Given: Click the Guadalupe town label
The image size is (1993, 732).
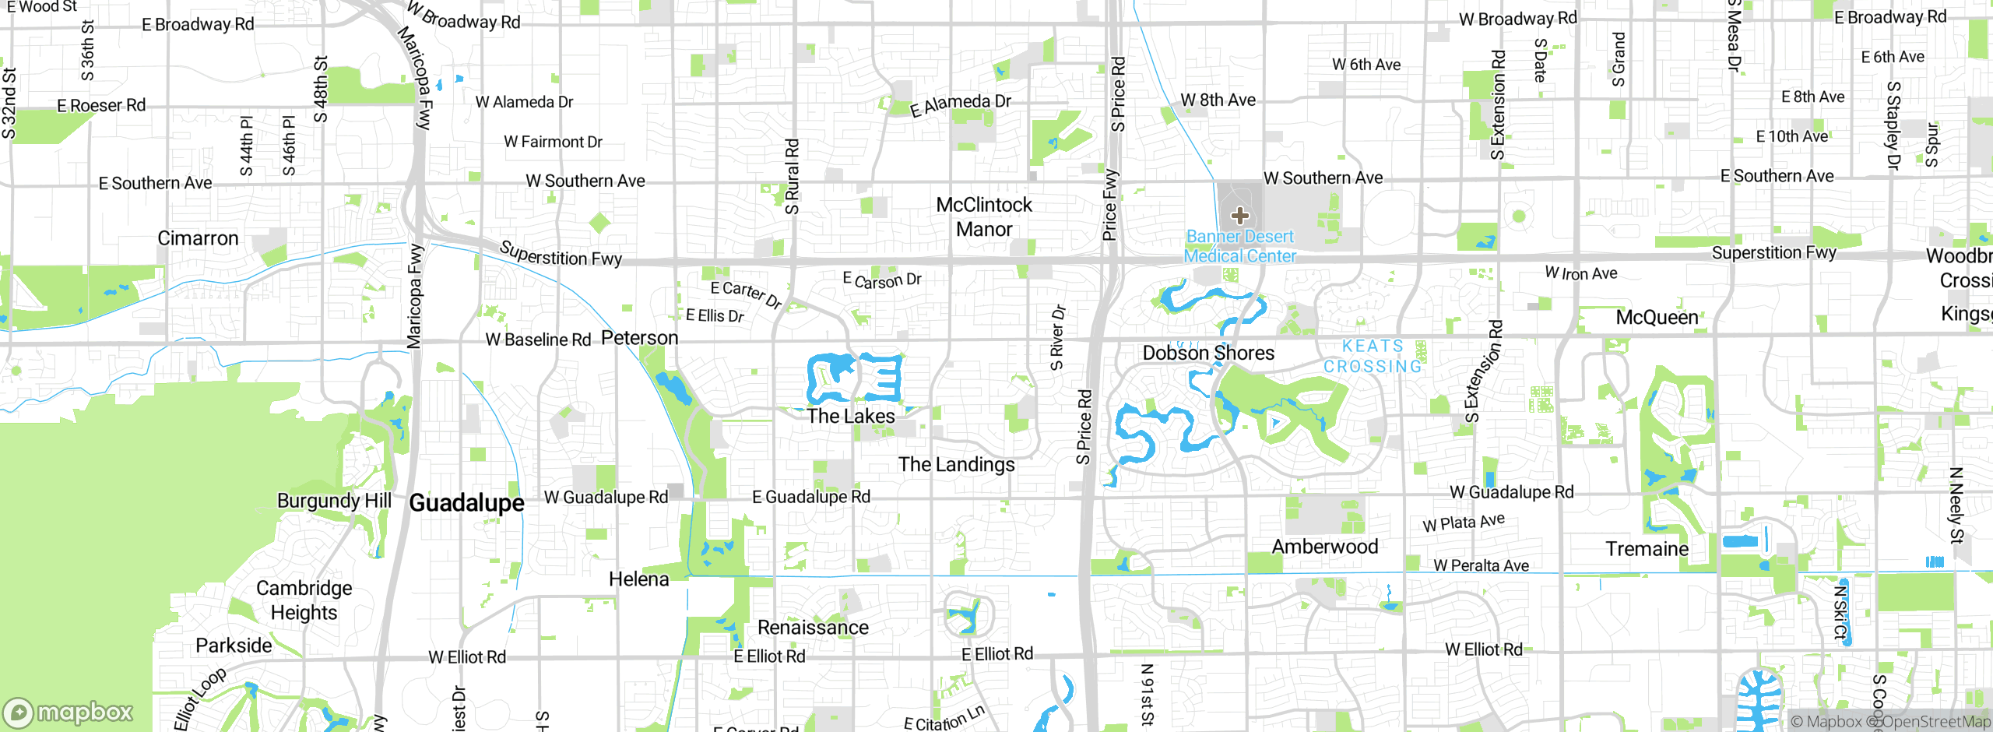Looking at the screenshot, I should pyautogui.click(x=466, y=503).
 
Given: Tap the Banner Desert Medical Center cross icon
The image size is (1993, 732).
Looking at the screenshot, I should pyautogui.click(x=1240, y=216).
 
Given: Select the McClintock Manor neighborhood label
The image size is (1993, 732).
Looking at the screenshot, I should pyautogui.click(x=984, y=217).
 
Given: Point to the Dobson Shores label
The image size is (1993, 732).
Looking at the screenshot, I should pyautogui.click(x=1208, y=354).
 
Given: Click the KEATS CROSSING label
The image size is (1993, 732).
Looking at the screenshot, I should pyautogui.click(x=1373, y=357).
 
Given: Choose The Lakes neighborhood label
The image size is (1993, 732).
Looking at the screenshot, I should pyautogui.click(x=851, y=417).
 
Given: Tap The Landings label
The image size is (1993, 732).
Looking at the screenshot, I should pyautogui.click(x=957, y=465).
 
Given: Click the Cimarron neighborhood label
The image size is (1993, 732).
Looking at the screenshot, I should pyautogui.click(x=198, y=238).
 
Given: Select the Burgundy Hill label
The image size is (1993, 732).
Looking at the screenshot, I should pyautogui.click(x=334, y=501).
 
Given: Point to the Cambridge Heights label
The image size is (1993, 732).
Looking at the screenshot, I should pyautogui.click(x=304, y=600).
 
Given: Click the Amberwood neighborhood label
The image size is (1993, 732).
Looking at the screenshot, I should pyautogui.click(x=1325, y=547).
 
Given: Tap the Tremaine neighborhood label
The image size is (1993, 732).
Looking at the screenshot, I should pyautogui.click(x=1647, y=549).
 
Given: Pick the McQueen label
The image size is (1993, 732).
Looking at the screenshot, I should pyautogui.click(x=1657, y=318).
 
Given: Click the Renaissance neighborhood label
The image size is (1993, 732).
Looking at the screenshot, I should pyautogui.click(x=813, y=628).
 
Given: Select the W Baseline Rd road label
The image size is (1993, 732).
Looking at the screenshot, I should pyautogui.click(x=538, y=340).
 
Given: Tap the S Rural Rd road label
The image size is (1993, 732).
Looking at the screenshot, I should pyautogui.click(x=792, y=177).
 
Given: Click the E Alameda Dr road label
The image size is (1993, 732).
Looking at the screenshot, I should pyautogui.click(x=961, y=104).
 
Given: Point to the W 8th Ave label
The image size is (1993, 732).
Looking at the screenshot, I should pyautogui.click(x=1218, y=100).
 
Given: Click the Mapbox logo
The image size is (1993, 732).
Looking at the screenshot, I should pyautogui.click(x=69, y=712).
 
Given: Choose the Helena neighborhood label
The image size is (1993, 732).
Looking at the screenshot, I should pyautogui.click(x=638, y=579).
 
